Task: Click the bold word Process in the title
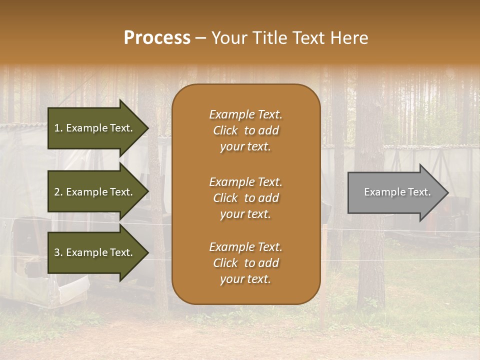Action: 157,38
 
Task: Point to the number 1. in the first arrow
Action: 58,128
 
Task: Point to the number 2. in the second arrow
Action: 58,192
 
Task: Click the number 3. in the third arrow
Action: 58,252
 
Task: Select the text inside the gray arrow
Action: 397,192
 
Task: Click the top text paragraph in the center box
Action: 245,130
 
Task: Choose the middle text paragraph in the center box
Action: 245,198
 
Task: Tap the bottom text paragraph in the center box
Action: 245,263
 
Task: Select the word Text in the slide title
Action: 309,38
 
